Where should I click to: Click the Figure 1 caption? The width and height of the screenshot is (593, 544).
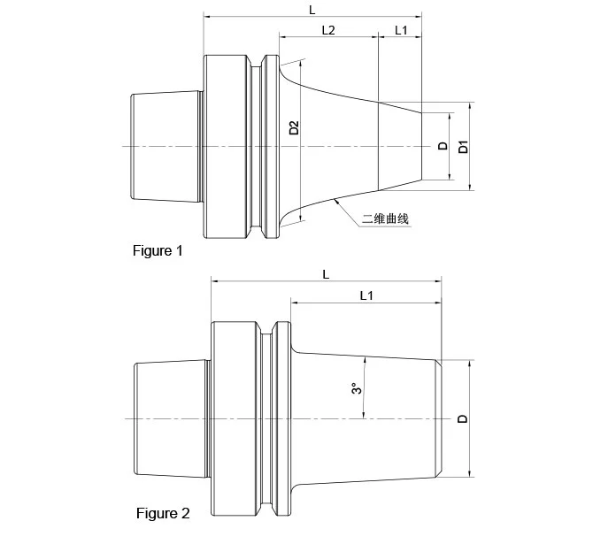[158, 251]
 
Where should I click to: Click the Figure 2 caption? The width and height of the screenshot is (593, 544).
[162, 513]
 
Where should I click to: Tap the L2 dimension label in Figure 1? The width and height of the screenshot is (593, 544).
[327, 30]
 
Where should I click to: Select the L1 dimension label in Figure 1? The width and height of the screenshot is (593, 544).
[400, 30]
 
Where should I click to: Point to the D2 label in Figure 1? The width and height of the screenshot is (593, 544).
[294, 128]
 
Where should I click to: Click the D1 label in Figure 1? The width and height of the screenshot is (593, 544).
[462, 147]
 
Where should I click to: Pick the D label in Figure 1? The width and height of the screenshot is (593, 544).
[443, 146]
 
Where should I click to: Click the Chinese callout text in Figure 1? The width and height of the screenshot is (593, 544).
[386, 218]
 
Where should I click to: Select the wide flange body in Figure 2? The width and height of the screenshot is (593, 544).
[235, 418]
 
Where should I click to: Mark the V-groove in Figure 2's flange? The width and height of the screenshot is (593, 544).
[266, 418]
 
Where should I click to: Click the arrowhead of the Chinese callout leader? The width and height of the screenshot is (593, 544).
[337, 201]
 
